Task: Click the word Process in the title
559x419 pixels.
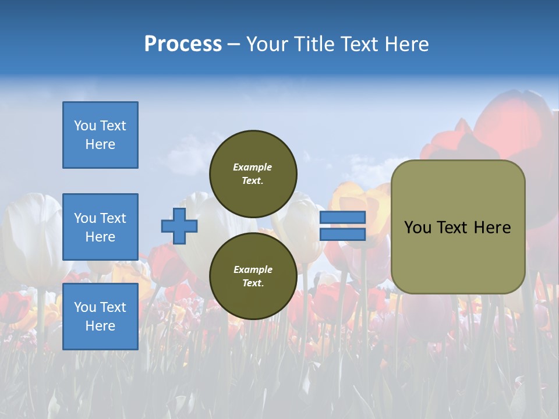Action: (183, 44)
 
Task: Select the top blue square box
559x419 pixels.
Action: (100, 135)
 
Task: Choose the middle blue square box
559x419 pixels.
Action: (100, 227)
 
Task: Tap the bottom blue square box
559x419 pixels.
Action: (100, 317)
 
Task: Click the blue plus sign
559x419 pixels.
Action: (179, 226)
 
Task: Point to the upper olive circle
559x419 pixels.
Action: (253, 174)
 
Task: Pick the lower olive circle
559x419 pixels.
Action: (253, 276)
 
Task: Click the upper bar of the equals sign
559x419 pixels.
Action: (342, 218)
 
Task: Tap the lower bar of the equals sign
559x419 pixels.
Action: (342, 235)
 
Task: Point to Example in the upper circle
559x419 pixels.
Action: (253, 167)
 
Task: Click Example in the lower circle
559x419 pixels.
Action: (253, 269)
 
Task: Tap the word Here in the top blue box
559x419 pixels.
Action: (100, 144)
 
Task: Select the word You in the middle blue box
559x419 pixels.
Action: (84, 218)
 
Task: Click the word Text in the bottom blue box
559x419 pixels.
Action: (112, 307)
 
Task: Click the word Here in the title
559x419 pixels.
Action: (407, 44)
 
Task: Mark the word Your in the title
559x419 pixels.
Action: (265, 44)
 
